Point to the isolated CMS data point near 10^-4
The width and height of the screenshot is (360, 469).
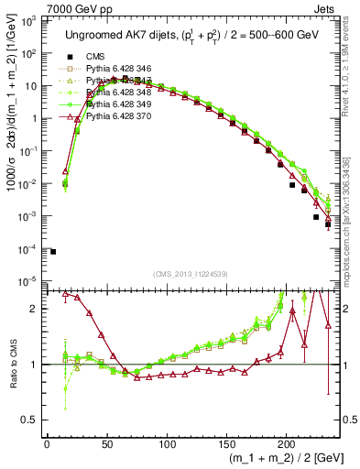pyautogui.click(x=53, y=251)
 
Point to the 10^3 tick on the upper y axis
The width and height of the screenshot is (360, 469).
pyautogui.click(x=31, y=20)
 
